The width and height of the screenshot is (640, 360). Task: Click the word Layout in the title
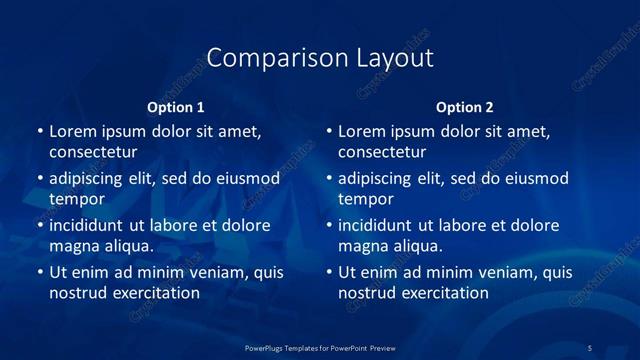pos(395,58)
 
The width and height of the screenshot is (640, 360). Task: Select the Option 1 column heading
pos(176,107)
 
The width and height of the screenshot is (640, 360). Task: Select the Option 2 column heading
pos(465,107)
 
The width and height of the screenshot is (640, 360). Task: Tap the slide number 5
pos(590,347)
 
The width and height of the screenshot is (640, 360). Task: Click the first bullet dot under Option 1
pos(40,132)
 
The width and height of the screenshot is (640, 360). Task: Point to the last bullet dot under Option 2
pos(329,273)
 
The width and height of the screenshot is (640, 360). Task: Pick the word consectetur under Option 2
pos(382,153)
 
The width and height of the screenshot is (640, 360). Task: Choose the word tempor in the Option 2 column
pos(365,199)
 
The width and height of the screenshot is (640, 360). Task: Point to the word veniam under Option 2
pos(509,272)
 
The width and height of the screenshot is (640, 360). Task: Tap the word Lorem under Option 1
pos(73,131)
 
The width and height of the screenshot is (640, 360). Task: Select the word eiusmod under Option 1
pos(244,178)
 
